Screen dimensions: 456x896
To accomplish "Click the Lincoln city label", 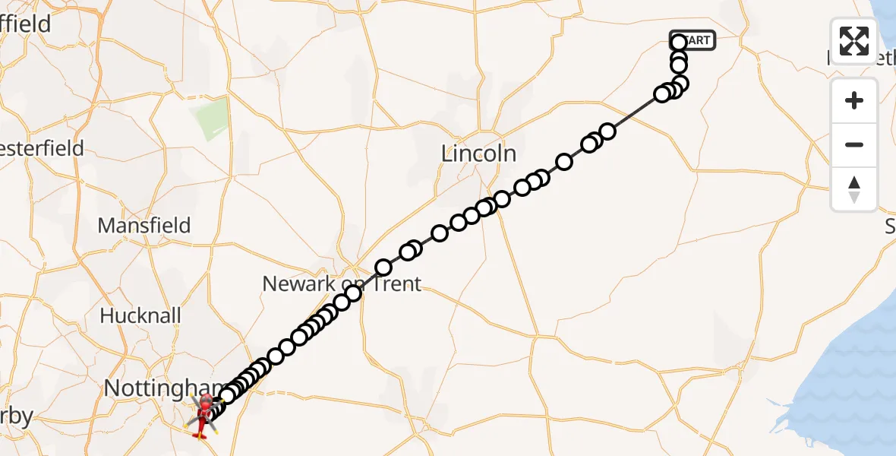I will click(x=478, y=154).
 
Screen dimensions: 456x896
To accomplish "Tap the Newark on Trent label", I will click(x=341, y=284).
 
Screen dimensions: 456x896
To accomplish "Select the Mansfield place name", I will click(x=144, y=226).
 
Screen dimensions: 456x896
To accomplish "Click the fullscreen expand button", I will click(x=854, y=41).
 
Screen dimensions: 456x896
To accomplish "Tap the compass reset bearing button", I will click(x=854, y=189).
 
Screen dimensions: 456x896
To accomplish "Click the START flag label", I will click(x=693, y=40).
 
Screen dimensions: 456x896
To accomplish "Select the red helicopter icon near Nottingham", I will click(x=204, y=415).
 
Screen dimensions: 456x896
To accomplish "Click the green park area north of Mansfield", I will click(x=213, y=119).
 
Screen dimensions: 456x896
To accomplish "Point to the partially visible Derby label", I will click(x=16, y=416).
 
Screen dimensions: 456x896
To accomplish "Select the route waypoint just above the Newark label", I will click(x=383, y=268).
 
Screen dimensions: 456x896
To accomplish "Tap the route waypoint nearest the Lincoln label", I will click(x=501, y=200).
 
